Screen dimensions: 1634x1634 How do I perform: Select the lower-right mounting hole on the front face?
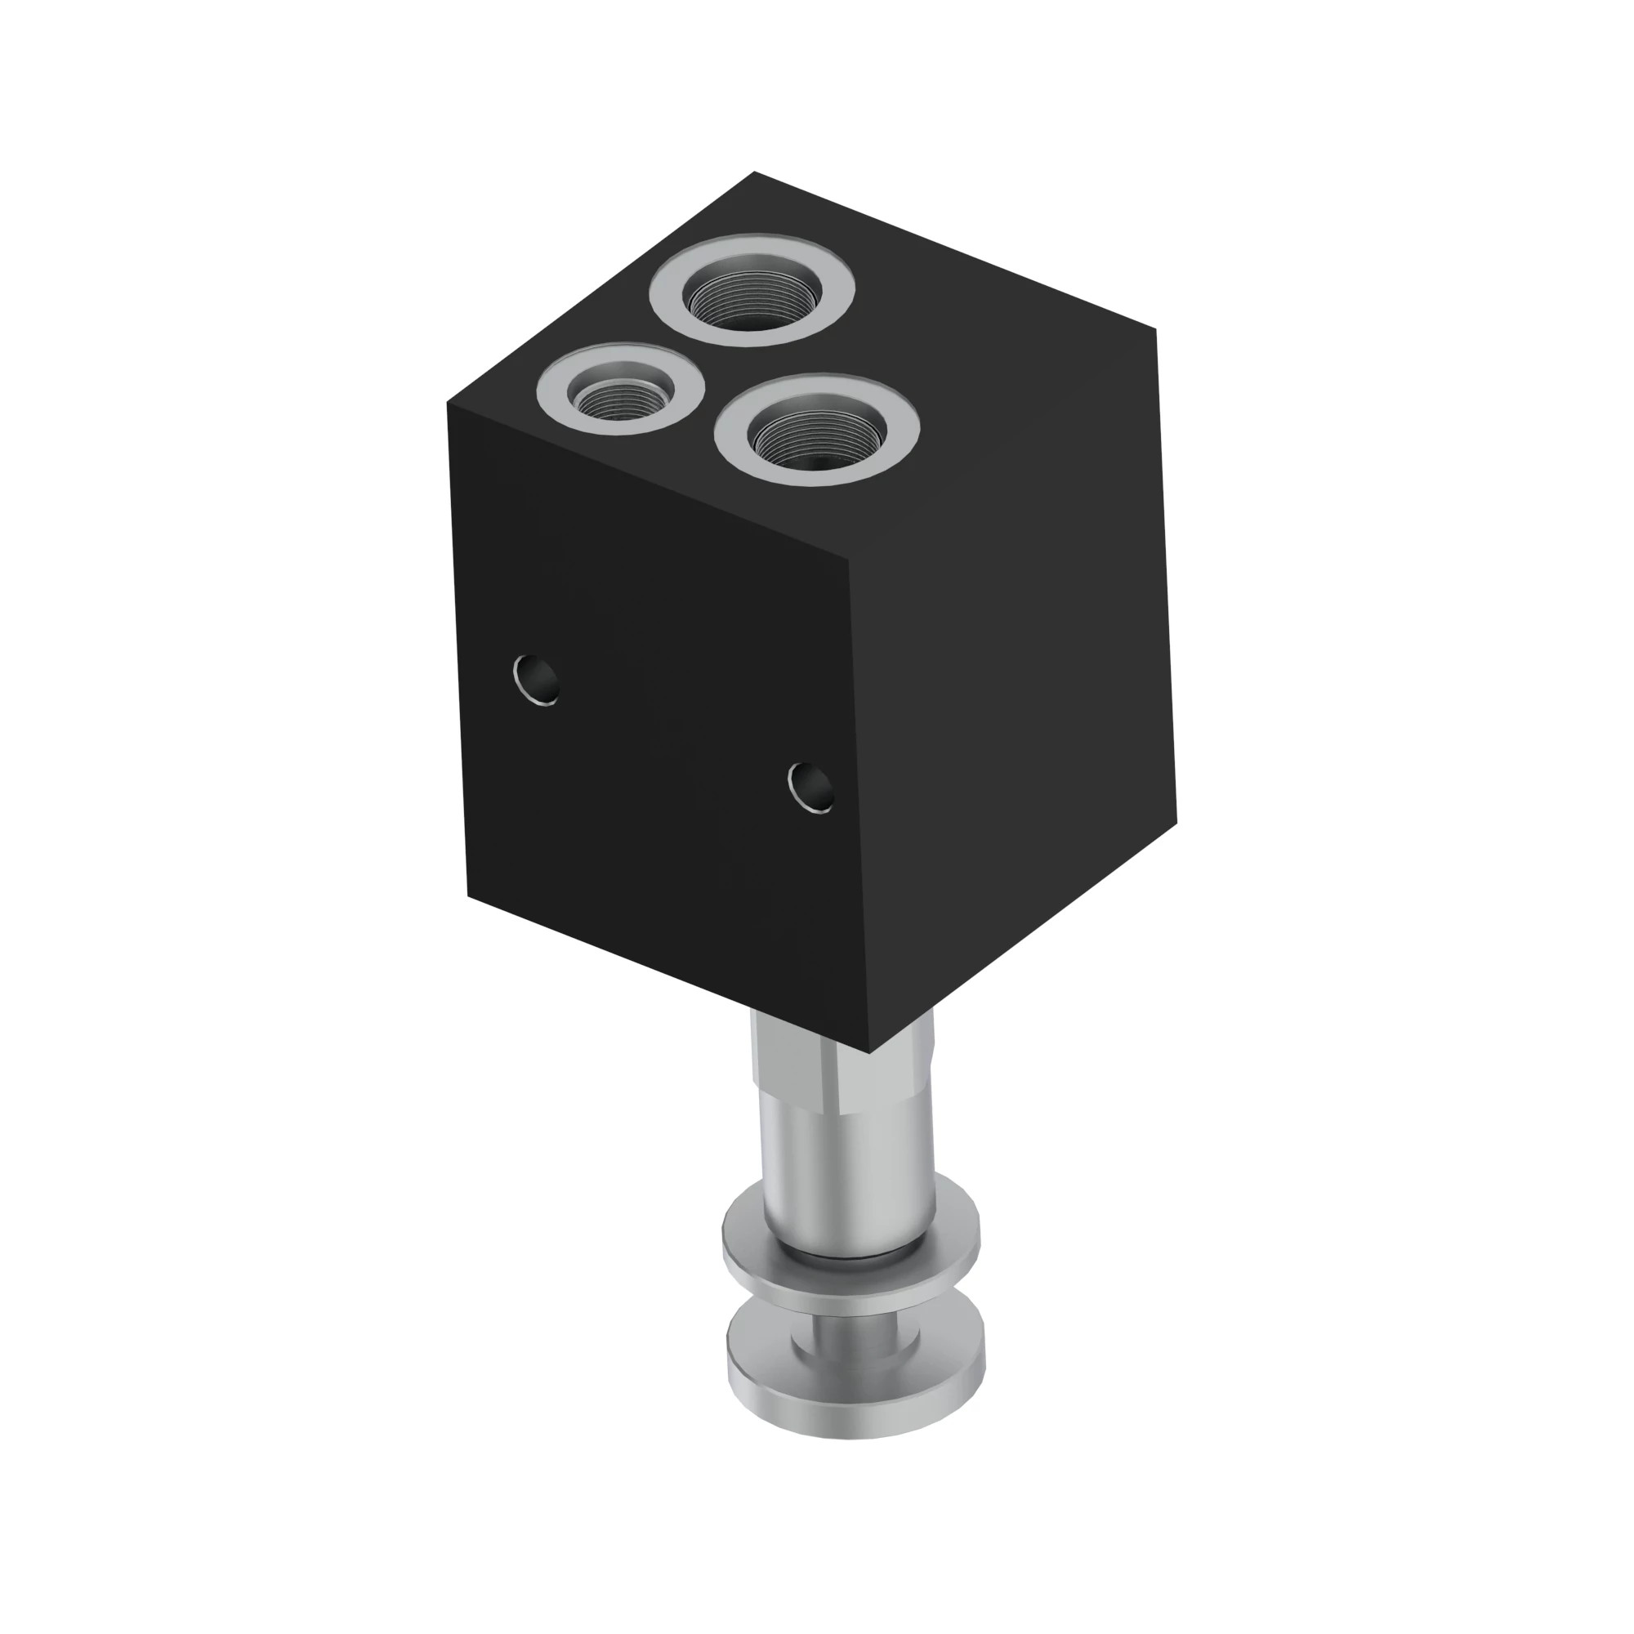point(811,787)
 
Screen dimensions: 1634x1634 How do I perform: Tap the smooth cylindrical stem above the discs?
point(846,1167)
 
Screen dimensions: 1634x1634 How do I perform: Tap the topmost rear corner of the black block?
point(753,172)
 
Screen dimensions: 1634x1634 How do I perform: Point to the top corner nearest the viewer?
point(847,560)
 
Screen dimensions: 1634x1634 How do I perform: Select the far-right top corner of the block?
point(1155,330)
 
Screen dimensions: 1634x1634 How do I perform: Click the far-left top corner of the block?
point(448,404)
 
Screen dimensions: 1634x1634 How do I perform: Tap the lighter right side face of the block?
point(1015,676)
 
